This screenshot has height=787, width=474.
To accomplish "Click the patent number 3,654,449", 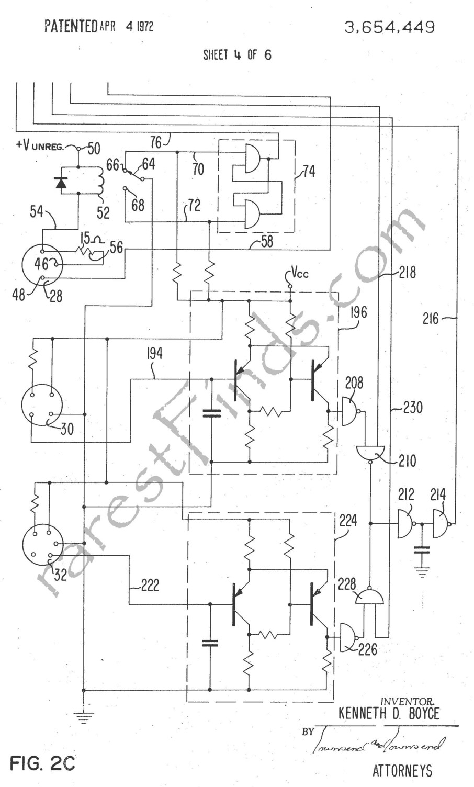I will tap(389, 27).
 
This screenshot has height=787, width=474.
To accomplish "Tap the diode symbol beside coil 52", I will tap(62, 182).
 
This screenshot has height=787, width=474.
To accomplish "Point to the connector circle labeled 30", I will tap(42, 407).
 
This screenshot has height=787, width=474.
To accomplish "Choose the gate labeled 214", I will tap(441, 523).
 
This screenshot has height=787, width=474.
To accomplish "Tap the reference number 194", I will tap(155, 354).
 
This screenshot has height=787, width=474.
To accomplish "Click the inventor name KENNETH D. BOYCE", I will tap(389, 713).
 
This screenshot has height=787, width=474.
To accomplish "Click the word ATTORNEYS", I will tap(402, 770).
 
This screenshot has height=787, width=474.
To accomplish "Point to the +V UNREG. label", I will tap(40, 146).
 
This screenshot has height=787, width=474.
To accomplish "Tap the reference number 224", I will tap(348, 521).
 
